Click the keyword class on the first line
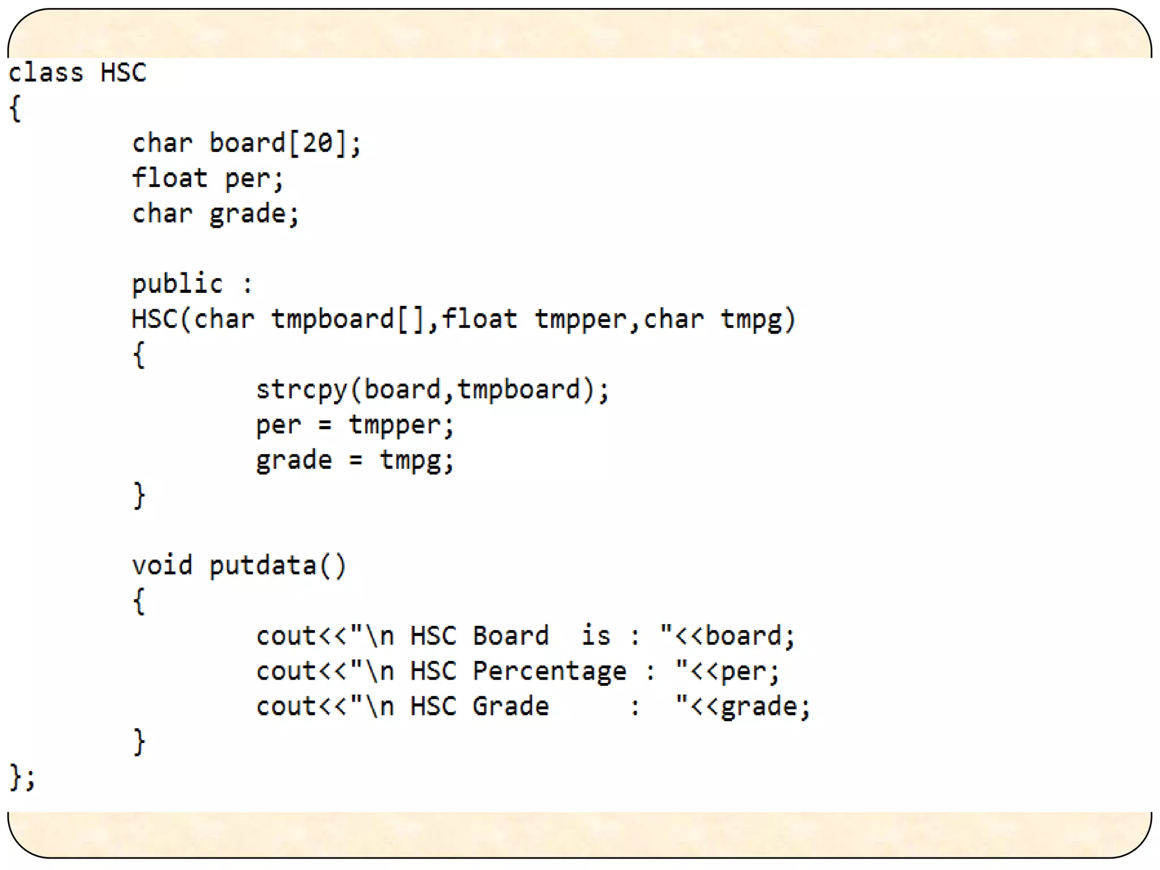tap(46, 73)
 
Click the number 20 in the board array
tap(317, 143)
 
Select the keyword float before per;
tap(169, 178)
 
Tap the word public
tap(177, 284)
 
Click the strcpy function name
tap(301, 390)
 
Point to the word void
tap(162, 565)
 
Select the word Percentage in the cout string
tap(549, 672)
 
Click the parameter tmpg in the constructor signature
tap(751, 319)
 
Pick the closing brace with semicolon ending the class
tap(22, 777)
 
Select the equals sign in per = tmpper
tap(325, 425)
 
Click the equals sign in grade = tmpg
tap(356, 460)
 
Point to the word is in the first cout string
tap(596, 636)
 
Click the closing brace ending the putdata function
tap(139, 741)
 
